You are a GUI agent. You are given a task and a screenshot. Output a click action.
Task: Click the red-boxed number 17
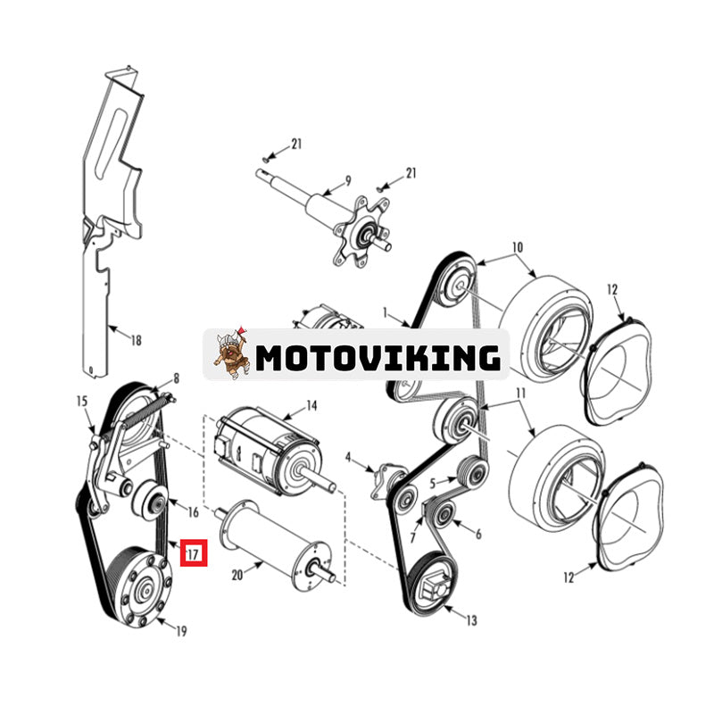pos(194,553)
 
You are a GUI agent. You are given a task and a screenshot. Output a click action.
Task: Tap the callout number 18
pos(135,340)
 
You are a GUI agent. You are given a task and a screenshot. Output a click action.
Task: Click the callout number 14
pos(311,406)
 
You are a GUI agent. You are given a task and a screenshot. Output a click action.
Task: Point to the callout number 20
pos(237,576)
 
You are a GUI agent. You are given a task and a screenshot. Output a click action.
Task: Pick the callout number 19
pos(181,632)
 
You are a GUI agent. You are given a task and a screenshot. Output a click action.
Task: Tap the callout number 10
pos(518,247)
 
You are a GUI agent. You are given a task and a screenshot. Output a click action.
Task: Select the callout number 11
pos(519,394)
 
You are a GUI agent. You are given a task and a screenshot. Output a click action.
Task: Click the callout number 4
pos(350,461)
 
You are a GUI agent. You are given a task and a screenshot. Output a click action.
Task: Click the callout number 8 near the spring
pos(176,378)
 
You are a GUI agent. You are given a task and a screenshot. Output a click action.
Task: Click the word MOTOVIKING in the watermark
pos(377,358)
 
